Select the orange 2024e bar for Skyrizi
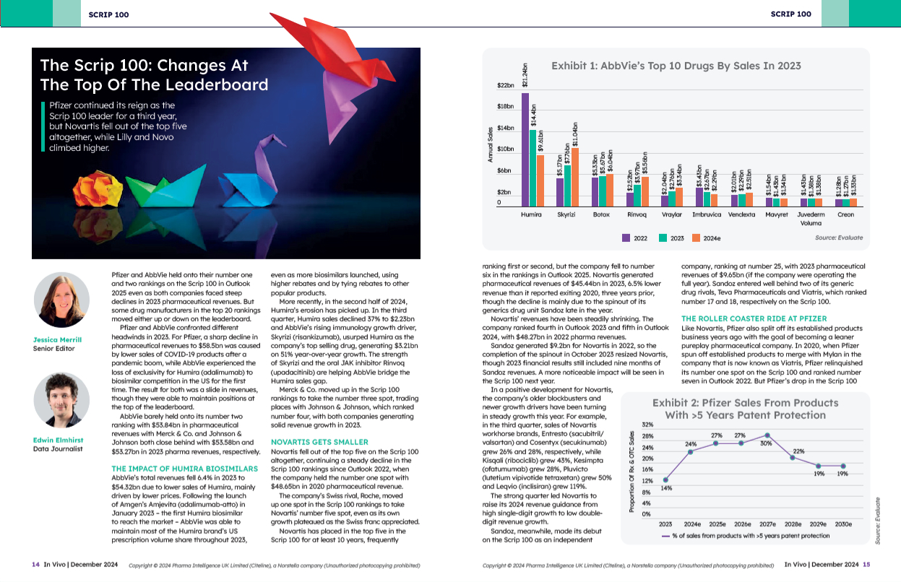point(576,178)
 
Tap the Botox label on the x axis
point(601,215)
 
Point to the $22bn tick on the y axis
point(505,85)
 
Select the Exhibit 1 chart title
point(676,66)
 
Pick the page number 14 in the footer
point(35,565)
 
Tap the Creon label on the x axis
point(845,215)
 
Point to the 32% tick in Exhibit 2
point(647,425)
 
